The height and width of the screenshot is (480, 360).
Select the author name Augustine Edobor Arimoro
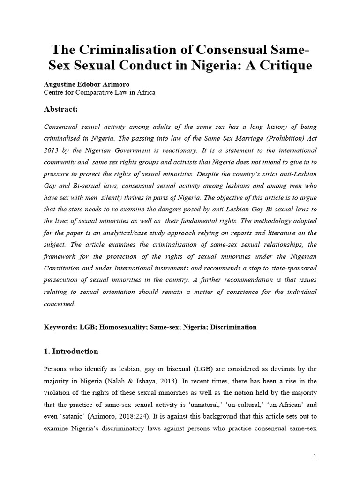(91, 85)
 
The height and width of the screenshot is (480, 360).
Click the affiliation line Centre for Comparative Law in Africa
(99, 93)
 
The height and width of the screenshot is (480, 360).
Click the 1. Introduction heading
(71, 351)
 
